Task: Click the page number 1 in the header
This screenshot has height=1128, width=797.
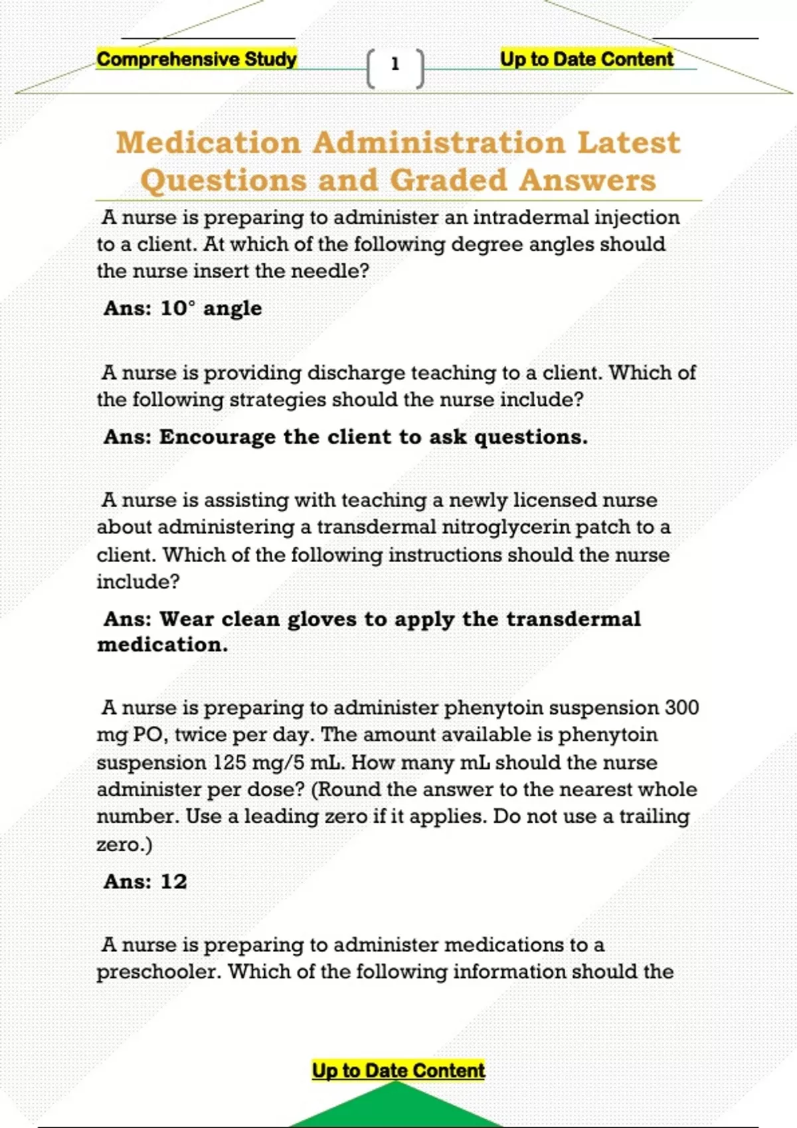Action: click(395, 64)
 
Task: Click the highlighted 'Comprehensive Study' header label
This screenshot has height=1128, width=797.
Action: click(197, 59)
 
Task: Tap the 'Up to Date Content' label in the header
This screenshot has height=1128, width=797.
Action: click(586, 59)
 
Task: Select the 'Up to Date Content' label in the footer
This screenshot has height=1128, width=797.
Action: click(398, 1070)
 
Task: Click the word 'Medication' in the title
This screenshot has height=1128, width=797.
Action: click(209, 143)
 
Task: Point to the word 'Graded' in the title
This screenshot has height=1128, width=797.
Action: click(448, 180)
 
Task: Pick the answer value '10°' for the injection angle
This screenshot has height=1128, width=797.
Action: click(179, 308)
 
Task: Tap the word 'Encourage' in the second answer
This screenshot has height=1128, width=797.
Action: click(217, 437)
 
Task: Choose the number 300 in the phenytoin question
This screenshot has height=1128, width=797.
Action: click(681, 707)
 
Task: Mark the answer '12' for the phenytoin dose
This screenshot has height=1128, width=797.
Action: click(174, 881)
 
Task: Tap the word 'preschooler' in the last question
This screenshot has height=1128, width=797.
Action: click(159, 971)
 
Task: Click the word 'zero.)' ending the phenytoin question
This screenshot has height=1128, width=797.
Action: click(124, 845)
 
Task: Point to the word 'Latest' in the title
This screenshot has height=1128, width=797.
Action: click(628, 143)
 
